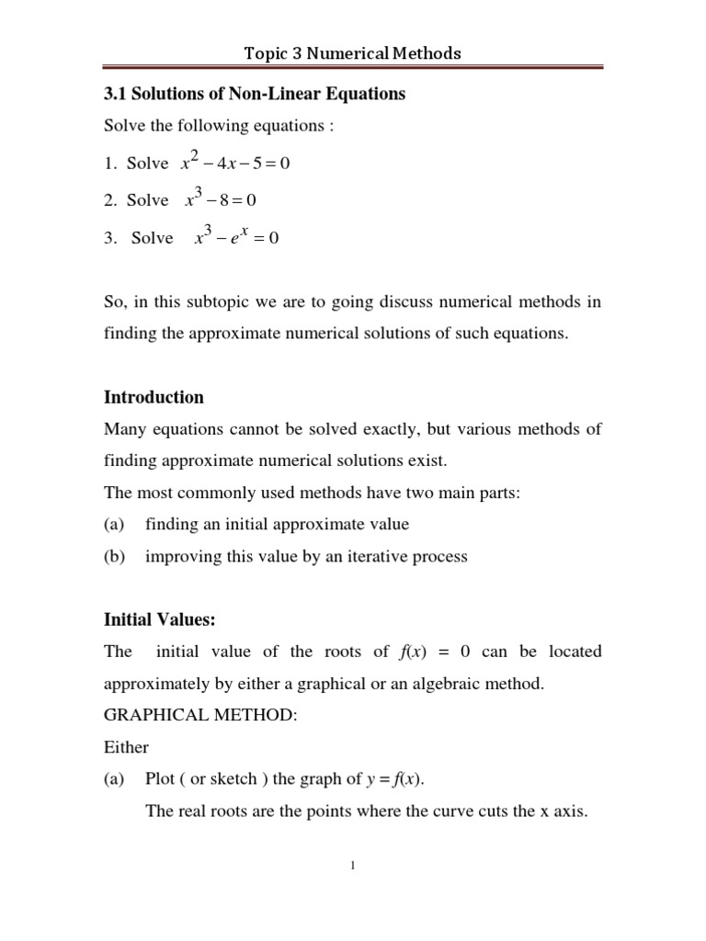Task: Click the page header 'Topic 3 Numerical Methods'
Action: pos(353,53)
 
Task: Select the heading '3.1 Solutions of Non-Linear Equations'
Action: pos(254,95)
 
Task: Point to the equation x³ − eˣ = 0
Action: pos(235,237)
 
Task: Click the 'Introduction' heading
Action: pos(154,397)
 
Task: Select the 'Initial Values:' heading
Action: pos(159,620)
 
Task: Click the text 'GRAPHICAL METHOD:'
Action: pos(200,716)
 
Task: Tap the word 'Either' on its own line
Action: pos(126,747)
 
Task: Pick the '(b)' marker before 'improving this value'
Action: pos(115,557)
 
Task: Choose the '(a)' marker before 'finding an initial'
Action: pos(115,525)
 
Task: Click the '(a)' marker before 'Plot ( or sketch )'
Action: pos(115,780)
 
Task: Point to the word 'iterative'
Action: pos(378,557)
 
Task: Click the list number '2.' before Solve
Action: pos(110,200)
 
